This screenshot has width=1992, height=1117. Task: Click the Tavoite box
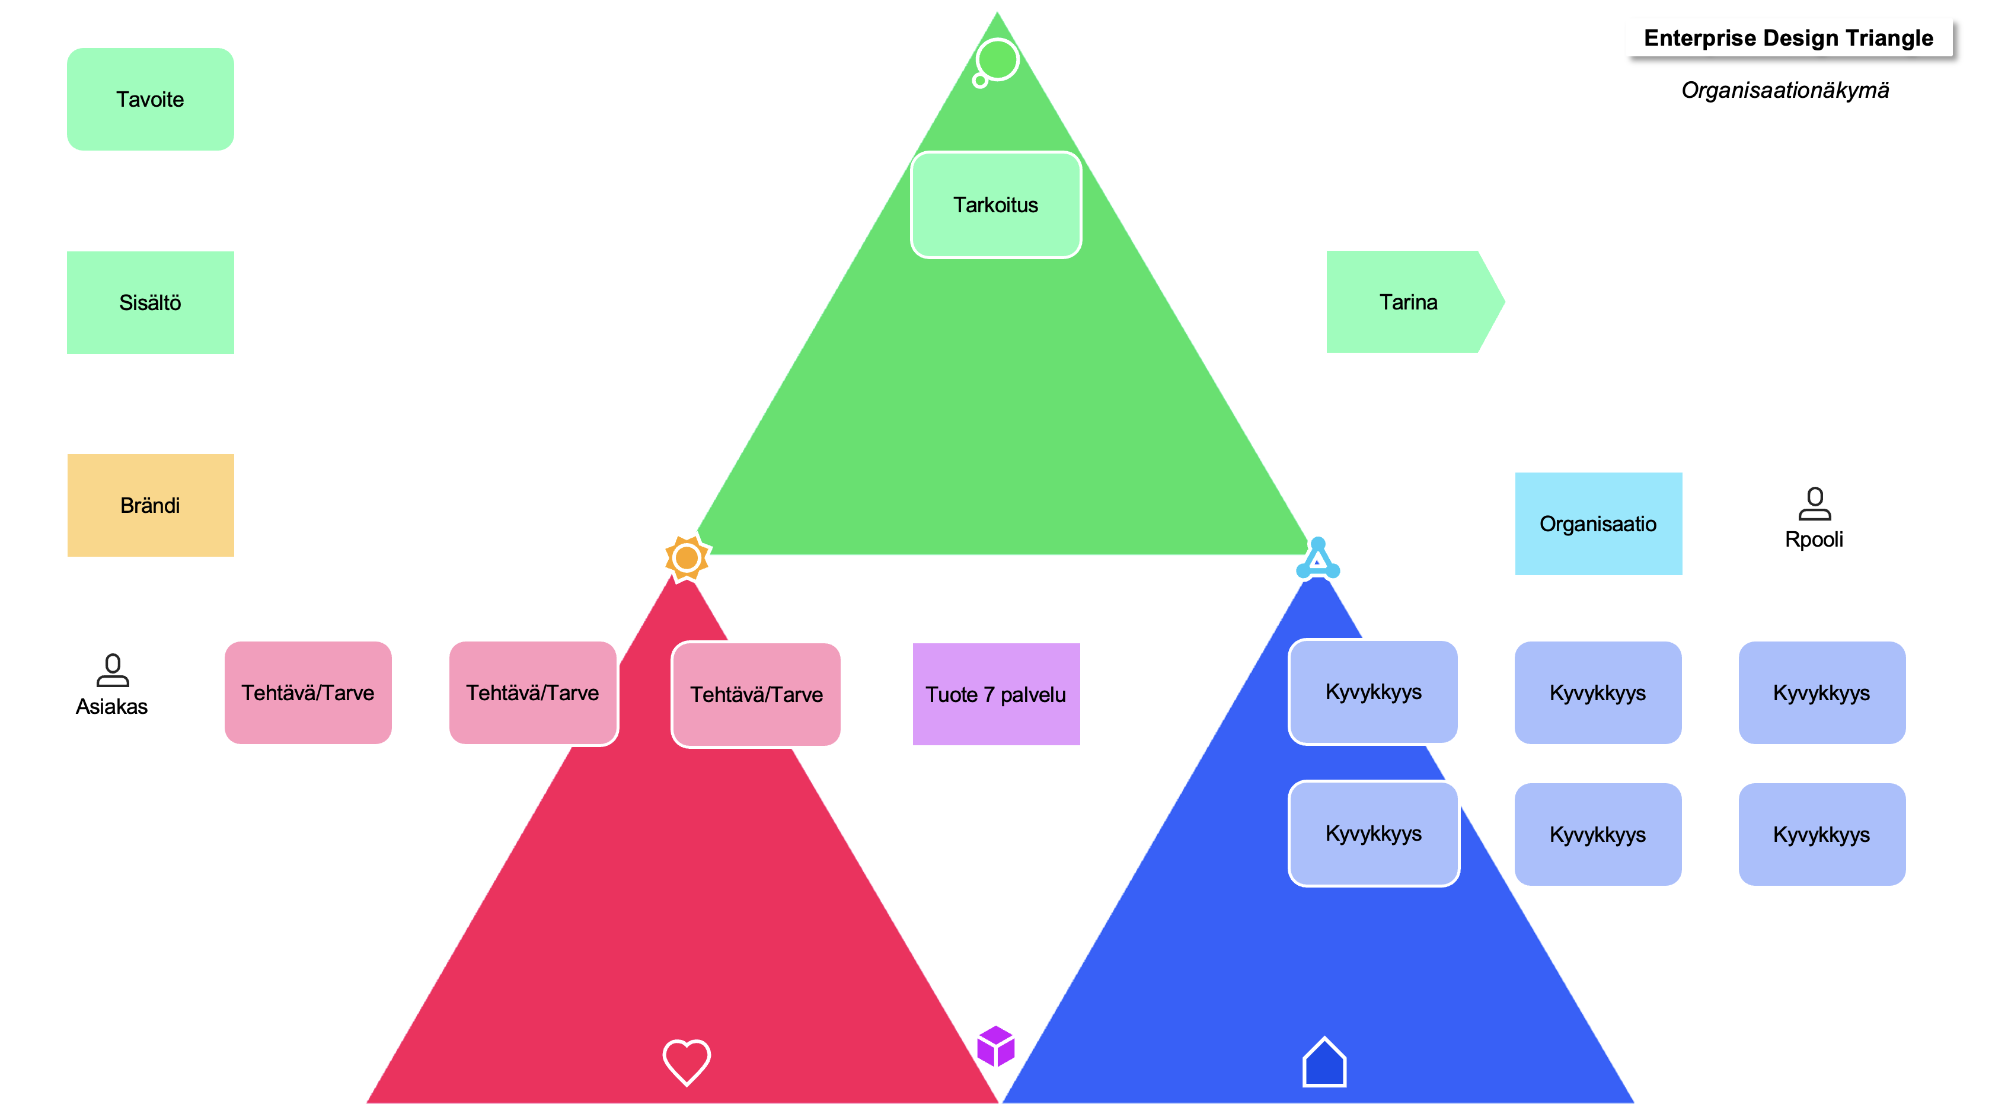tap(150, 99)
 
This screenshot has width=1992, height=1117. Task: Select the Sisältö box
tap(150, 302)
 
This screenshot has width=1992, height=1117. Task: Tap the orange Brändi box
tap(150, 505)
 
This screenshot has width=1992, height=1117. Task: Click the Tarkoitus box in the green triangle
tap(995, 205)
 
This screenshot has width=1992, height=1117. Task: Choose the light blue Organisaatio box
tap(1598, 524)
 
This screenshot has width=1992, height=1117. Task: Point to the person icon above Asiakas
tap(112, 671)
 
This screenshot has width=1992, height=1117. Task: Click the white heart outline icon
tap(686, 1061)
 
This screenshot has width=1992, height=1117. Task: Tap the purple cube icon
tap(995, 1046)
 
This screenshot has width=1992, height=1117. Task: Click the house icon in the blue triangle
tap(1324, 1062)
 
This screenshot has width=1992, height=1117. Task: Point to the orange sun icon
tap(686, 558)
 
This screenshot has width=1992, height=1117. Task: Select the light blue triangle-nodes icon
tap(1318, 559)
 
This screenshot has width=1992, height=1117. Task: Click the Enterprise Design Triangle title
tap(1788, 38)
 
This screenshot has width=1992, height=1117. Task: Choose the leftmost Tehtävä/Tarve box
tap(308, 692)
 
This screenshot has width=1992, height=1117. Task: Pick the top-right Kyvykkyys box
tap(1821, 692)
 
